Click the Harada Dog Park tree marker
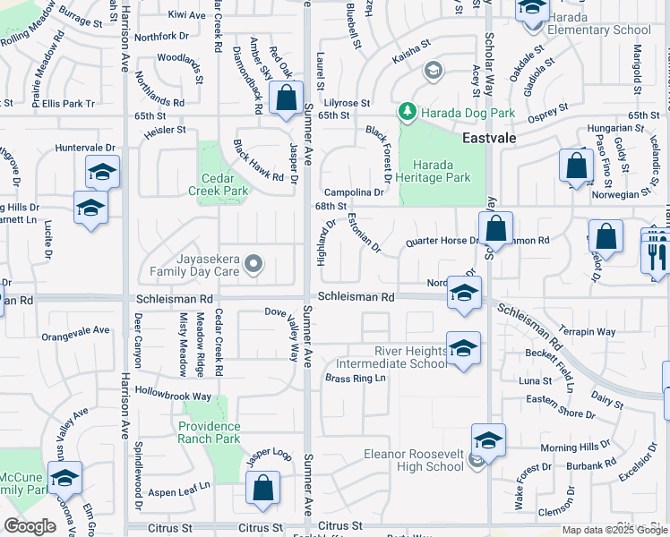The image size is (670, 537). tap(408, 112)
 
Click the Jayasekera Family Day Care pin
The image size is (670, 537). tap(253, 263)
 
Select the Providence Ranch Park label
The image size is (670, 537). tap(210, 432)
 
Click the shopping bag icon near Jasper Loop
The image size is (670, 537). tap(263, 488)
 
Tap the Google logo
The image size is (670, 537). tap(30, 526)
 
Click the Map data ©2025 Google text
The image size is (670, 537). tap(614, 530)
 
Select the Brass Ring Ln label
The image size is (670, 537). tap(355, 379)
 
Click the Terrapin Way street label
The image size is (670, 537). tap(588, 331)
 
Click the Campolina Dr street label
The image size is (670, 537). tap(353, 192)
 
